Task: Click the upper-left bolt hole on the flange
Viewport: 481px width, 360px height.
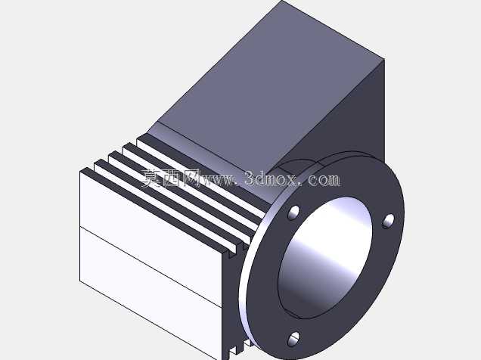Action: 293,213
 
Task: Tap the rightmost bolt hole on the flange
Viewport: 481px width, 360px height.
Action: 389,221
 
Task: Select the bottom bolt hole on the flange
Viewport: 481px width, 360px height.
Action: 294,339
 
